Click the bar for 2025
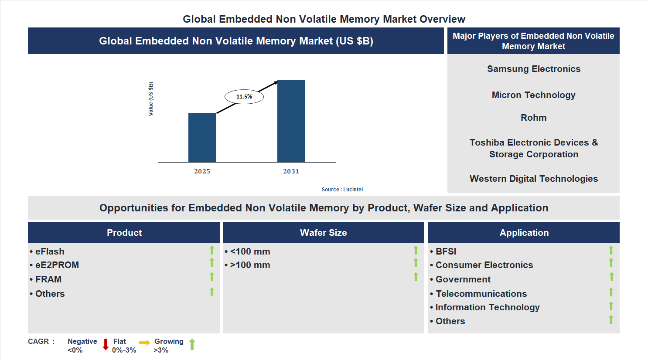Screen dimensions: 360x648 pos(202,138)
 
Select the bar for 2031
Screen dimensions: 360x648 pos(291,121)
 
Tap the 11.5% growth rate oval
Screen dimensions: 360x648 pos(244,97)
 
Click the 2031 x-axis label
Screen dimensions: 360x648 pos(291,171)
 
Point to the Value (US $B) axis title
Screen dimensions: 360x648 pos(151,99)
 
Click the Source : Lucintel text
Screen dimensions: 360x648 pos(342,190)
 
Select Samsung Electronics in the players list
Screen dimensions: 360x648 pos(533,69)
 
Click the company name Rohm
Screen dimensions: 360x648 pos(533,118)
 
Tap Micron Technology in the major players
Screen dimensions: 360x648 pos(533,95)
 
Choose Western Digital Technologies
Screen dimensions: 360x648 pos(533,179)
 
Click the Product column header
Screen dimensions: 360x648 pos(124,233)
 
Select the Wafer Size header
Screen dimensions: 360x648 pos(323,233)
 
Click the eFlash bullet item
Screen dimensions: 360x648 pos(50,251)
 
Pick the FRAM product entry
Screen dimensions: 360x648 pos(48,279)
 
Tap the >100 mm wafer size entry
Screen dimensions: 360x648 pos(250,265)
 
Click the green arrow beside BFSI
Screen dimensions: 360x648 pos(611,250)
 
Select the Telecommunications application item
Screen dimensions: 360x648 pos(481,294)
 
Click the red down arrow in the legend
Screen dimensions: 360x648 pos(106,344)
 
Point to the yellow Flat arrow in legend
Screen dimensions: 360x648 pos(144,343)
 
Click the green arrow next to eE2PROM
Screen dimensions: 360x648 pos(212,262)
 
